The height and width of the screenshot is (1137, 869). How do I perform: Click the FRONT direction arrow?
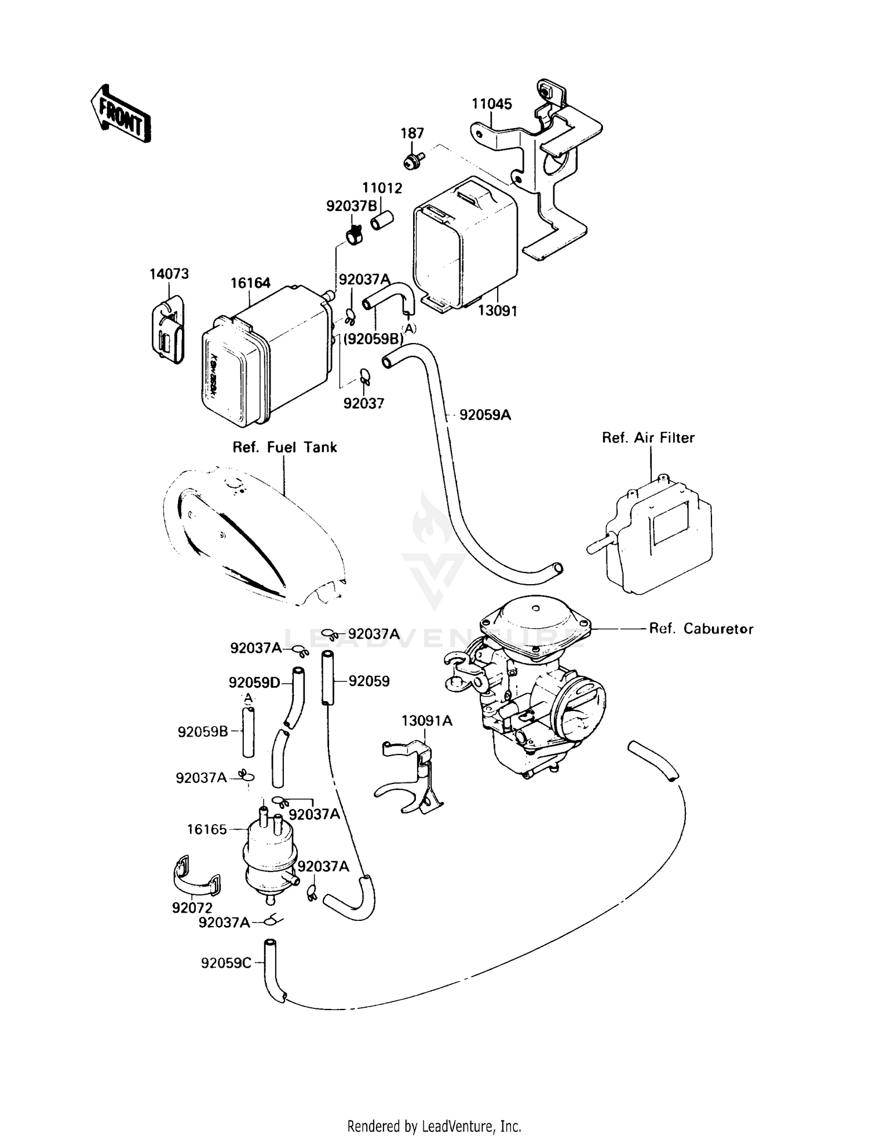(x=121, y=115)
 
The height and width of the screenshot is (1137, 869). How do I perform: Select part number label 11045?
(x=491, y=104)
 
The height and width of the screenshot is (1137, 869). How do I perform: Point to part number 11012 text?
(x=382, y=188)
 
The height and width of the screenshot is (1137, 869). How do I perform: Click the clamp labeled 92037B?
(x=353, y=235)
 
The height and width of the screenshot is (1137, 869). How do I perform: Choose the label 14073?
(x=169, y=274)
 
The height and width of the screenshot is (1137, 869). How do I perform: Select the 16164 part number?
(x=250, y=283)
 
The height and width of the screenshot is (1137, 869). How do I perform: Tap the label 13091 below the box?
(x=497, y=311)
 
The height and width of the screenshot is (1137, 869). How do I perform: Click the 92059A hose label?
(x=485, y=415)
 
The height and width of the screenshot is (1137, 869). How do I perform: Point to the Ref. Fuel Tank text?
(x=284, y=447)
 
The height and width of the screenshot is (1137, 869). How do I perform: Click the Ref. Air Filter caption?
(x=648, y=438)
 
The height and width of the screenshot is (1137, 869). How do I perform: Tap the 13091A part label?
(x=427, y=721)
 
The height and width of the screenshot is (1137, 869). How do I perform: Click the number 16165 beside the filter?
(x=207, y=829)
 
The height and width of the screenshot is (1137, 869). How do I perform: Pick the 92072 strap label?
(x=192, y=908)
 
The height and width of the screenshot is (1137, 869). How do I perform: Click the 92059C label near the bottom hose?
(x=226, y=963)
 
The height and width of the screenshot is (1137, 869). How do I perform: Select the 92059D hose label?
(x=254, y=683)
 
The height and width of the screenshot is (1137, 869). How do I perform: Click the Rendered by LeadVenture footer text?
(x=434, y=1126)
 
